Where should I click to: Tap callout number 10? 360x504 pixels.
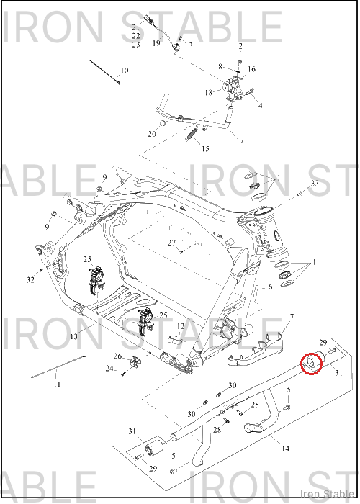(125, 70)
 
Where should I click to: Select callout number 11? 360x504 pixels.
(57, 384)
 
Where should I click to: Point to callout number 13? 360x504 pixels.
(74, 336)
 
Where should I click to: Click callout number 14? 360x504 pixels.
(285, 449)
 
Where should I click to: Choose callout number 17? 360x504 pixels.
(240, 140)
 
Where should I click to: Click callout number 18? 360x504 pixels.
(209, 93)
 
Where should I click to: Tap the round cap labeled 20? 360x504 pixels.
(163, 123)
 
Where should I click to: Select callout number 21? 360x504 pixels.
(135, 27)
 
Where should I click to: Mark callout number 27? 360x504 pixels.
(171, 243)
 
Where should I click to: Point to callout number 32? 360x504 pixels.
(30, 280)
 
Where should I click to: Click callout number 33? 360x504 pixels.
(315, 183)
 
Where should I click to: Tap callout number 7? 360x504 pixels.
(292, 318)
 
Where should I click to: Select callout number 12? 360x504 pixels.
(181, 327)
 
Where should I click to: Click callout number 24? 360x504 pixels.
(109, 369)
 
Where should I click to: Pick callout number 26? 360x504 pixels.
(117, 356)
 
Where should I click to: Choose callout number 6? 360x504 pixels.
(270, 287)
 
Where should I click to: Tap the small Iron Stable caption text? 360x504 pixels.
(327, 494)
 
